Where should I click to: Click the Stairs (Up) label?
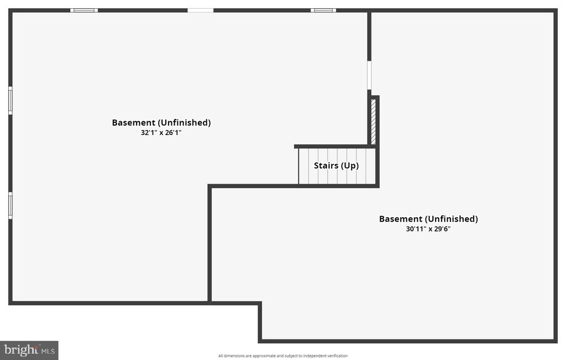336,165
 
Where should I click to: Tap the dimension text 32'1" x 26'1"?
161,133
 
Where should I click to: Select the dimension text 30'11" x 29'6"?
428,228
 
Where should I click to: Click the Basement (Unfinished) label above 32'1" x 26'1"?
161,122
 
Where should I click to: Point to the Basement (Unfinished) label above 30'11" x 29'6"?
428,219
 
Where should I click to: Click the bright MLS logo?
29,350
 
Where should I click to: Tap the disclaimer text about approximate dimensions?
282,356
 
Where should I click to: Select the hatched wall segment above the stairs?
373,122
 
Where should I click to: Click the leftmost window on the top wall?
84,11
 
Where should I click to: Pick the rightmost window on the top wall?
323,11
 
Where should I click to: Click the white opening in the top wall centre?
200,11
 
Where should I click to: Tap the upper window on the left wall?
11,101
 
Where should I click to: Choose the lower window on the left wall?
11,206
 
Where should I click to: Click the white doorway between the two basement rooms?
369,75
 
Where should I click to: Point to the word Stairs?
326,165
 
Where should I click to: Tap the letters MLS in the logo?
48,351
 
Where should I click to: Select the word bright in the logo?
22,350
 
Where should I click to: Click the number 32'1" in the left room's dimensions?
149,133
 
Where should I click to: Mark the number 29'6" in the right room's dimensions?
442,228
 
